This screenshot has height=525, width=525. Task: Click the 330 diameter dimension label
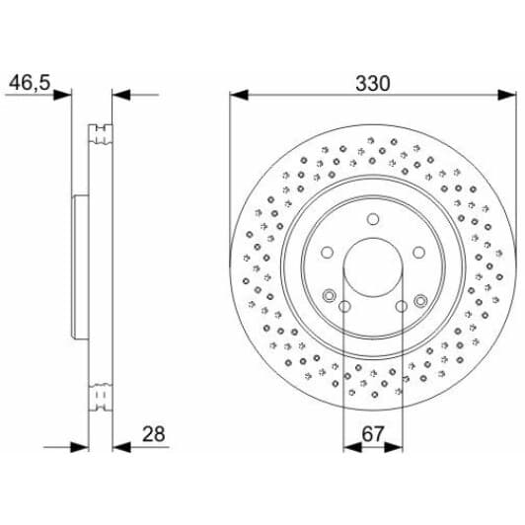tap(372, 85)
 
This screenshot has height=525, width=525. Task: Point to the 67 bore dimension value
tap(372, 433)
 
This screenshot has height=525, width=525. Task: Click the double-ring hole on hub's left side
tap(328, 293)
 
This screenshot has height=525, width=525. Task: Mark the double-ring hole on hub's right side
tap(419, 300)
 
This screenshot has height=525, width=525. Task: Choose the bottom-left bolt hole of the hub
tap(344, 306)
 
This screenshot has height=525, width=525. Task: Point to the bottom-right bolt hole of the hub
tap(401, 306)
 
